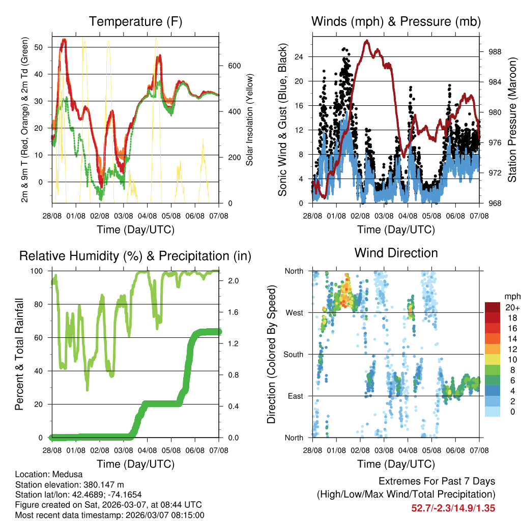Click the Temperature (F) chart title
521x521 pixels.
135,21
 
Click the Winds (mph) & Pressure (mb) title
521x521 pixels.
396,21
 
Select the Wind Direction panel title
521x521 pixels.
396,253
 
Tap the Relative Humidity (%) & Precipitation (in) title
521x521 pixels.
135,256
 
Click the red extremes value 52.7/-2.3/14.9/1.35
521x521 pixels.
453,508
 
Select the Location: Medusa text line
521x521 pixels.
49,474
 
